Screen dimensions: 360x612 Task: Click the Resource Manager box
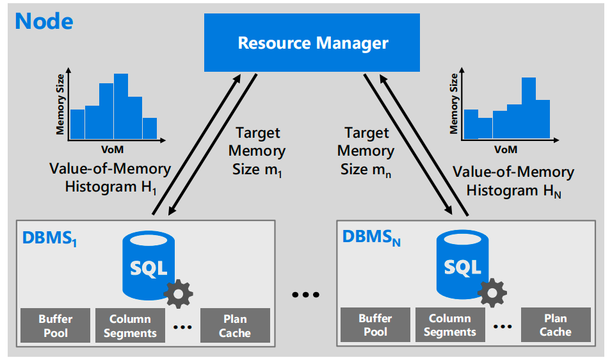click(312, 44)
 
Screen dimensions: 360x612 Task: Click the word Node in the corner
click(44, 21)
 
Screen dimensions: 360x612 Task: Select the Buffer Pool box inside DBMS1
click(55, 325)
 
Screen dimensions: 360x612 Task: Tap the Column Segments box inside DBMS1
click(130, 325)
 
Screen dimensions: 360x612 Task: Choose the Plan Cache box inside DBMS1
click(235, 325)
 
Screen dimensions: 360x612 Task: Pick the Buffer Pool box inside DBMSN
click(375, 325)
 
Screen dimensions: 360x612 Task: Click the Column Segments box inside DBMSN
click(450, 325)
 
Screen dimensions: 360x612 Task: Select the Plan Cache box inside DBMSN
click(555, 325)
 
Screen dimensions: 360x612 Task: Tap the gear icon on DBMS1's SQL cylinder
click(178, 293)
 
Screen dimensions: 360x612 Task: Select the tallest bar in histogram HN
click(528, 108)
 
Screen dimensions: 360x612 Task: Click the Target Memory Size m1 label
click(257, 151)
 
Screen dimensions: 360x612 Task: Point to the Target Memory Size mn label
click(366, 151)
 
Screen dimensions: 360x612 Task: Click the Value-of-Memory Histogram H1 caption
click(110, 178)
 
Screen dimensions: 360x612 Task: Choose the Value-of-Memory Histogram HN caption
click(513, 181)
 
